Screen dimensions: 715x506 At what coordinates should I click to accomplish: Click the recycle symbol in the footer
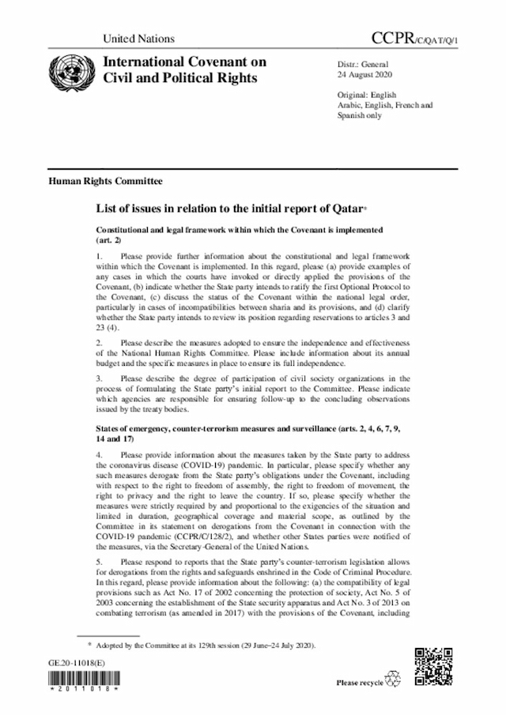coord(392,680)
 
